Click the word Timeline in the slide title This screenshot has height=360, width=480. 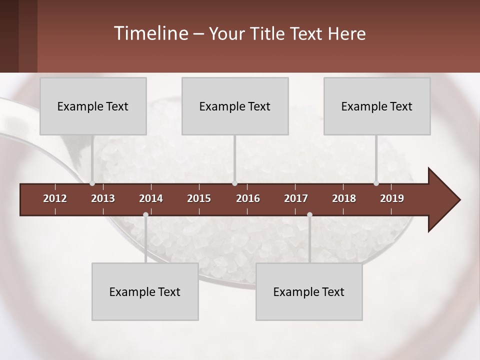coord(150,33)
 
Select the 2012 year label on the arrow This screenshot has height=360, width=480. coord(55,198)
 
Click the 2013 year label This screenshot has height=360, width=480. coord(103,198)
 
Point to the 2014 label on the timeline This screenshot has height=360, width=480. coord(151,198)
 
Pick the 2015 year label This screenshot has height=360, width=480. coord(199,198)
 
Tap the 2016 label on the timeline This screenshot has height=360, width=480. coord(248,198)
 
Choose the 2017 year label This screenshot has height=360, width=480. coord(296,198)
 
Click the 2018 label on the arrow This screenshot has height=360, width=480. coord(344,198)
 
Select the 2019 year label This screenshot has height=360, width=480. coord(392,198)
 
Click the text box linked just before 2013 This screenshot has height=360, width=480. coord(93,106)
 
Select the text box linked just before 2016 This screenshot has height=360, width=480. coord(235,106)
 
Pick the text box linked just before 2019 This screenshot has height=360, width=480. coord(377,106)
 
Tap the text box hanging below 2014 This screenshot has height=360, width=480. coord(145,291)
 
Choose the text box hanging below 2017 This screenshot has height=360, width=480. coord(309,291)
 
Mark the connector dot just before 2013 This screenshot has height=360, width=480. coord(92,183)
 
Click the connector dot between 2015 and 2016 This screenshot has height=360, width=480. coord(235,183)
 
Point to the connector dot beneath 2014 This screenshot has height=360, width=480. coord(145,215)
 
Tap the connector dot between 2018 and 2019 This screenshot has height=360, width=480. coord(376,183)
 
